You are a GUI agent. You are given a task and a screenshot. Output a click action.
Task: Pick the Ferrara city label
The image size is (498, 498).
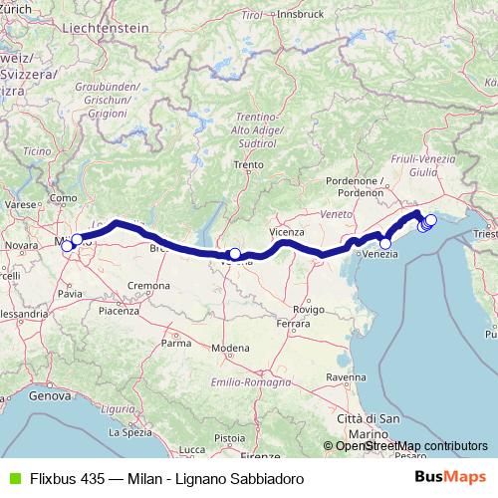[295, 325]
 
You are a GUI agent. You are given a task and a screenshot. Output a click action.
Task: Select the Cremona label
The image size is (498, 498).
[148, 286]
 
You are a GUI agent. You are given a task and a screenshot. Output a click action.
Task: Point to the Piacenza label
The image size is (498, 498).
[119, 311]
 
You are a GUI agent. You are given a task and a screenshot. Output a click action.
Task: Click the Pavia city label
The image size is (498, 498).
[70, 294]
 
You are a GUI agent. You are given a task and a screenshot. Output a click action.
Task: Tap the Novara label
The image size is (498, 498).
[22, 244]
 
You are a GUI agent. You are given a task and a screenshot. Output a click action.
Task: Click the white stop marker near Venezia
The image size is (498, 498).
[385, 242]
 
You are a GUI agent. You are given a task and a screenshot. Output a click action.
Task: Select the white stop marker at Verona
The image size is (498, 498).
[234, 254]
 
